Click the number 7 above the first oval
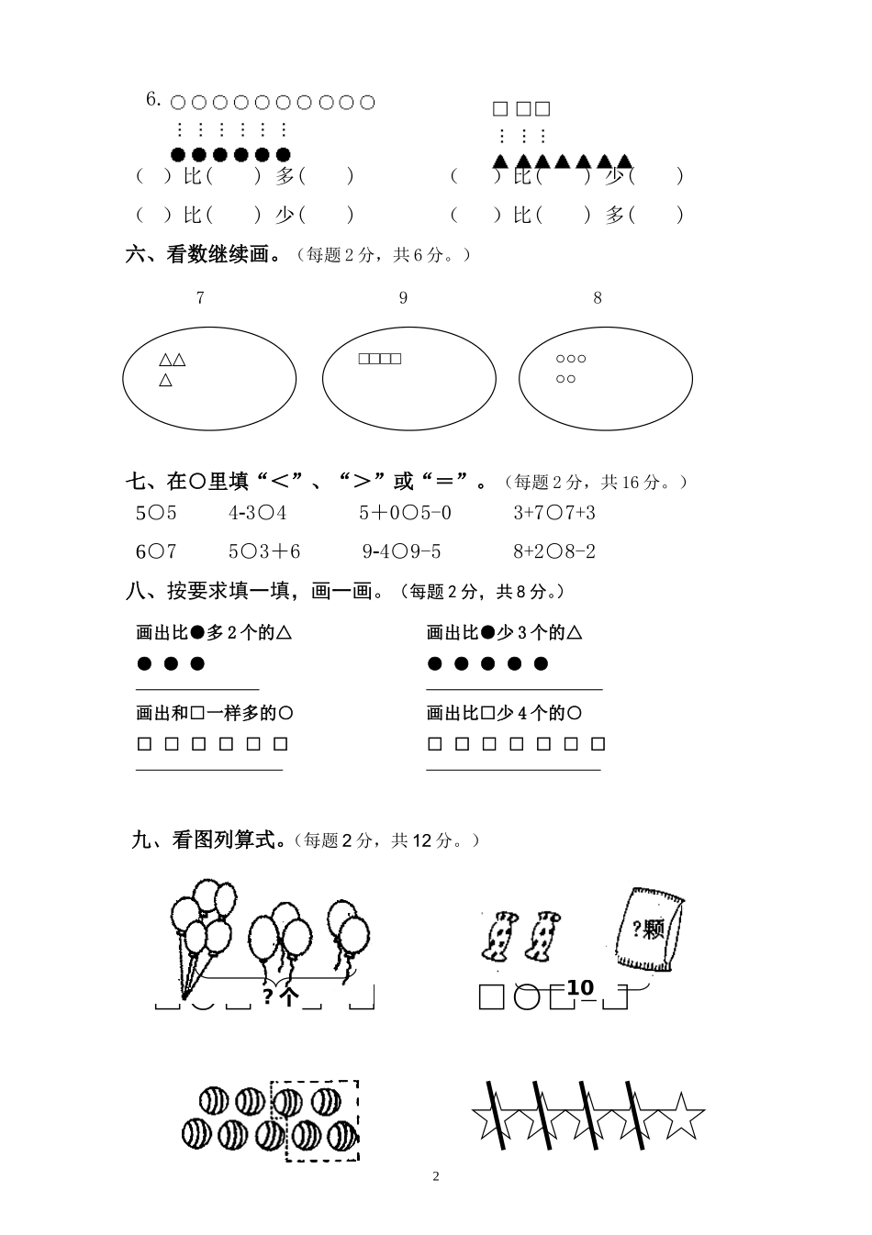click(200, 297)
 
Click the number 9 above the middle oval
click(403, 297)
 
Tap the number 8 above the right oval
click(598, 297)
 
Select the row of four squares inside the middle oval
click(380, 359)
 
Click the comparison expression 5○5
click(156, 513)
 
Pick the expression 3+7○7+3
click(554, 513)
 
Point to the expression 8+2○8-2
click(554, 551)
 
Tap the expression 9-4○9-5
click(401, 551)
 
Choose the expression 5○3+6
click(264, 551)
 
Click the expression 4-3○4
click(257, 513)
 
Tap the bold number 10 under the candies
click(580, 987)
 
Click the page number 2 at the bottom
click(436, 1176)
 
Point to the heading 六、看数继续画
click(204, 255)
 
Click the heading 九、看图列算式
click(208, 840)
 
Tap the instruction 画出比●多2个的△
click(214, 632)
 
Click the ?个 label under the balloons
click(280, 996)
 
